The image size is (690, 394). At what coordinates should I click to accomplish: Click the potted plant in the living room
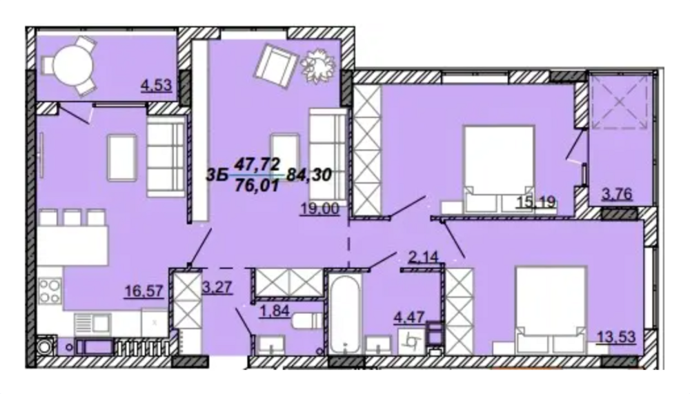pos(318,63)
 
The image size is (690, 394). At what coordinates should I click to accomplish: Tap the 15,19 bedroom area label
pos(538,203)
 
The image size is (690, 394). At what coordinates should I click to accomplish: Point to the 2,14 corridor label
pos(423,259)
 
